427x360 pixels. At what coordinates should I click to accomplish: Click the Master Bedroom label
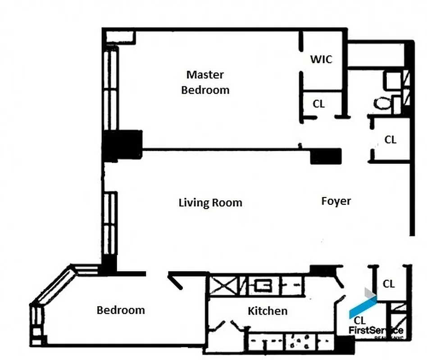point(205,82)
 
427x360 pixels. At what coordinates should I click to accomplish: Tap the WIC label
point(321,59)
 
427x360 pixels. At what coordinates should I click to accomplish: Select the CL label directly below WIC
point(318,104)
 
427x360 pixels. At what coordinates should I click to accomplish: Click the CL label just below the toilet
point(390,140)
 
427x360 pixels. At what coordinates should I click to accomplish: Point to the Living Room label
point(210,203)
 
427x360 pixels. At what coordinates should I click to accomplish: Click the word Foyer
point(336,201)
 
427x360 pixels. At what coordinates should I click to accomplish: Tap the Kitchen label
point(268,311)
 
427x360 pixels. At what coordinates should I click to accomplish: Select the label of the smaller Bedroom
point(121,310)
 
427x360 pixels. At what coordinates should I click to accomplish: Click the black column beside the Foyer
point(326,156)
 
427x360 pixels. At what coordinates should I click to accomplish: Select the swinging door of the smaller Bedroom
point(175,281)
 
